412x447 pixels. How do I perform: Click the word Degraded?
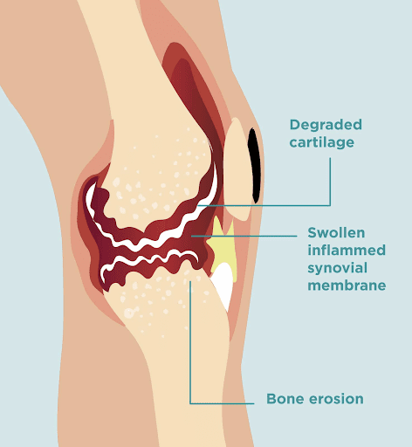pos(326,126)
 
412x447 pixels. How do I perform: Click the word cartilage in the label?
pos(322,142)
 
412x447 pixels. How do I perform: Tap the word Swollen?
pos(336,232)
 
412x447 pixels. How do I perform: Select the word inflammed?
pos(347,250)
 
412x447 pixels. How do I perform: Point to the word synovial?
pos(337,268)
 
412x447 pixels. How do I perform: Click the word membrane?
pos(347,285)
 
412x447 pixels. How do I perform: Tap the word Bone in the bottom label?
pos(285,399)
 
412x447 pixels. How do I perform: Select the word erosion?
pos(336,399)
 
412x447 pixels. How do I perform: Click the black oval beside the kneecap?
pos(254,166)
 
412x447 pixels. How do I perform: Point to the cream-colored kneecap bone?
pos(237,168)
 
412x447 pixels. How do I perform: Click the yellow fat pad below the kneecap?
pos(223,247)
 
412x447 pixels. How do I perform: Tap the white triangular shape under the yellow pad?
pos(223,282)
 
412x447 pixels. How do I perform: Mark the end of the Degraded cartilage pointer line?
pos(197,205)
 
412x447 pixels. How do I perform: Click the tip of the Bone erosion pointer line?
pos(190,281)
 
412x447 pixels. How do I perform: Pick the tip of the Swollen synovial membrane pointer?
pos(192,236)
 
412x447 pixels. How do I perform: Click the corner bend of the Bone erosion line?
pos(190,403)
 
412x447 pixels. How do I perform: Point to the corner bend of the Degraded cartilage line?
pos(330,205)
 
